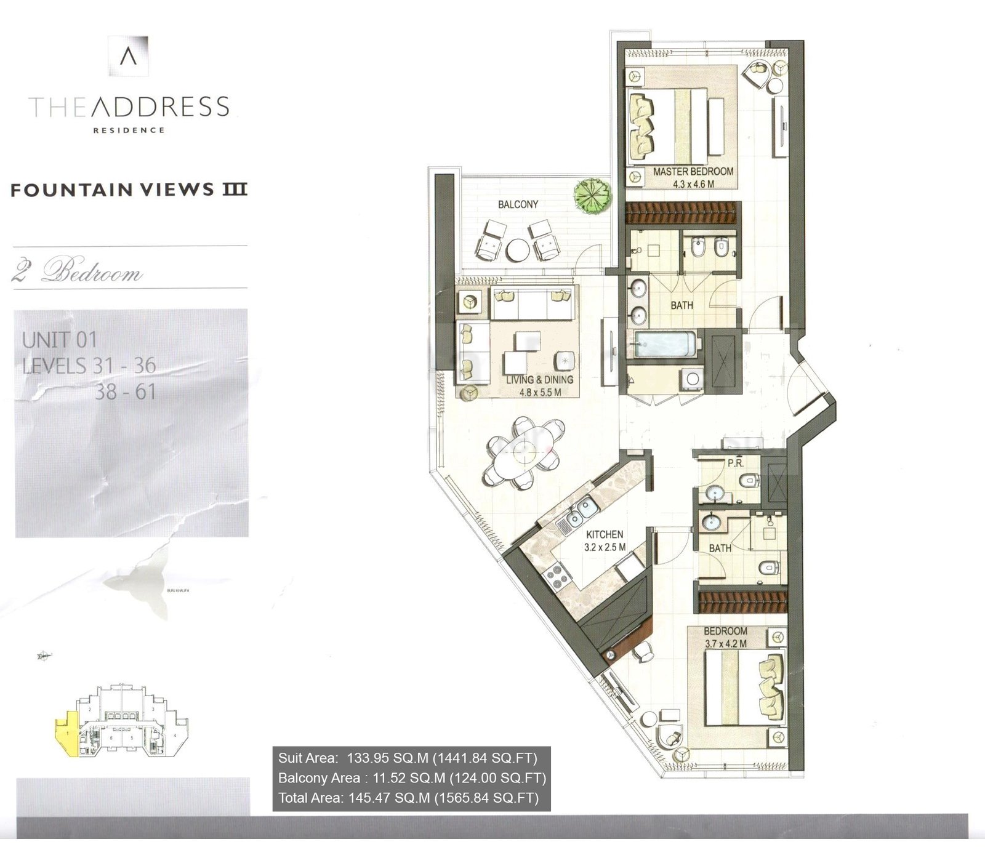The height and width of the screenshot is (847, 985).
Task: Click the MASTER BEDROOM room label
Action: [693, 172]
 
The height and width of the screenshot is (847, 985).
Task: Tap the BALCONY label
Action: [518, 204]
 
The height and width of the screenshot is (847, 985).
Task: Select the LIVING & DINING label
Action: [540, 380]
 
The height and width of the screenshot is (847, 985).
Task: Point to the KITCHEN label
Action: [604, 534]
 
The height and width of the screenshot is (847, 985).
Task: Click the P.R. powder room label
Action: [736, 463]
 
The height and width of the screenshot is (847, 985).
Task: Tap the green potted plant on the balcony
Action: [592, 196]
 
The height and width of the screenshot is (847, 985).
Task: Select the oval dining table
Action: [524, 452]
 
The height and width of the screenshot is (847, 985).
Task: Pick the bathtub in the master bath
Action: [665, 344]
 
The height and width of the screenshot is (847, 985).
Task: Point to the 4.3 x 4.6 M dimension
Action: [693, 184]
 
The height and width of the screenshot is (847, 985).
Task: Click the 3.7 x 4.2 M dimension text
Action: [725, 643]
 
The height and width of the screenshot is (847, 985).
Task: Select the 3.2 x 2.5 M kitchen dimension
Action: [605, 547]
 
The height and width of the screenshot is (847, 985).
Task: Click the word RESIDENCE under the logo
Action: [129, 130]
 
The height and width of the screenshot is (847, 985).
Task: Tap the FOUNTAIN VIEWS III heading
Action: [129, 190]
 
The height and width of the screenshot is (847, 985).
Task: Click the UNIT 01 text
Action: [60, 339]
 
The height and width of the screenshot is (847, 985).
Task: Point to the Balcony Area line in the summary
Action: [411, 778]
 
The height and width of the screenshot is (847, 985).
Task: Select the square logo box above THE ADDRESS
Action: [128, 56]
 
